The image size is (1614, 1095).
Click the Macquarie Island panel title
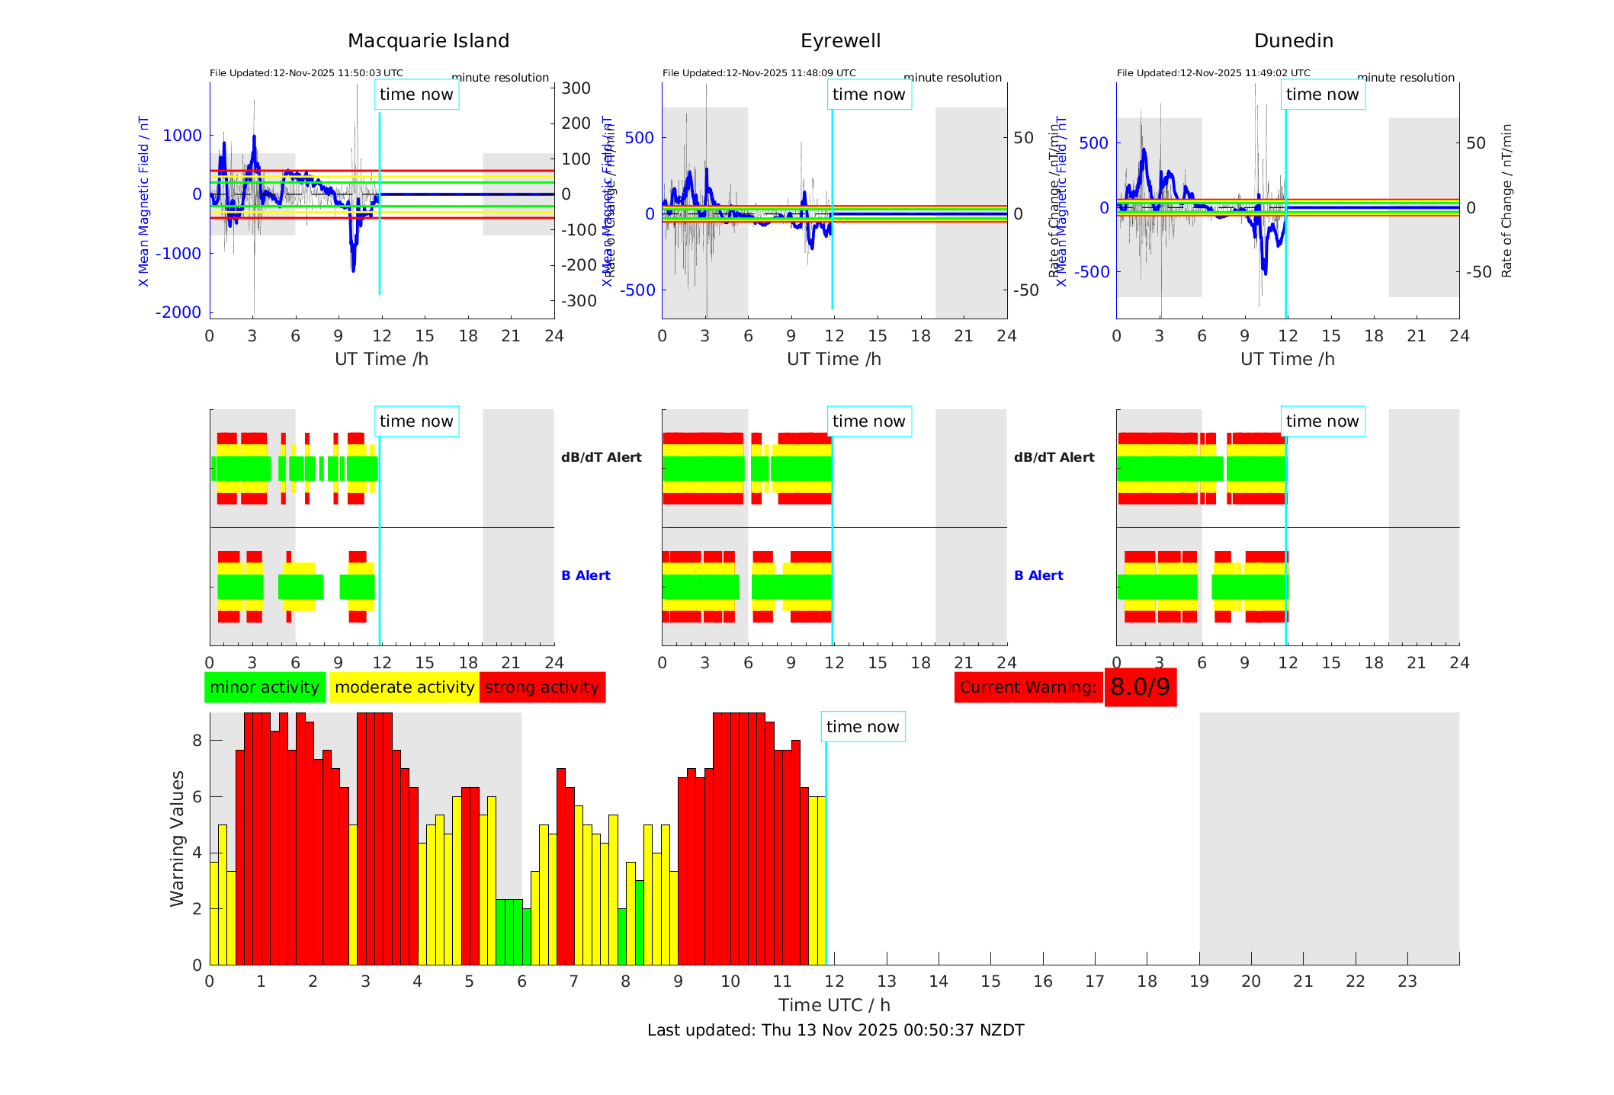(x=428, y=41)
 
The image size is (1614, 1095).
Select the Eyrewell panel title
(x=840, y=41)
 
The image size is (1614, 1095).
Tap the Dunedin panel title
(x=1293, y=41)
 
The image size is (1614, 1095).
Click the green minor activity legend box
(x=265, y=687)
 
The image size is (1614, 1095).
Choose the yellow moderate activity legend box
(x=404, y=687)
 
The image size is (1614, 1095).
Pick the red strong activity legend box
(x=542, y=687)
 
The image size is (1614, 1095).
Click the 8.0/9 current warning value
(x=1140, y=687)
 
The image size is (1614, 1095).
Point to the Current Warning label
(x=1028, y=687)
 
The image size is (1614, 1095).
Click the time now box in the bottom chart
(x=862, y=727)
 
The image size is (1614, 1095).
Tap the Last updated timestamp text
(x=836, y=1030)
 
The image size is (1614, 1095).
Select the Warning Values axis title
(x=178, y=838)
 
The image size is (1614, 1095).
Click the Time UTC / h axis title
(x=834, y=1005)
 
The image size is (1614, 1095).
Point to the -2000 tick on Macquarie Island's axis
(x=178, y=312)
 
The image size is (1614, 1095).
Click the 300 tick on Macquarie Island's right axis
(x=576, y=88)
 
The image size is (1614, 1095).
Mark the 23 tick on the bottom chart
(x=1407, y=981)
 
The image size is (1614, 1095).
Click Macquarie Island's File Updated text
(x=306, y=73)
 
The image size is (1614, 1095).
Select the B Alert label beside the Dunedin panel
(x=1038, y=575)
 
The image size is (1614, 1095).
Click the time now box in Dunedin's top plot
(x=1322, y=94)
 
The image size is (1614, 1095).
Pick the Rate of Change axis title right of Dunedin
(x=1507, y=200)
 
